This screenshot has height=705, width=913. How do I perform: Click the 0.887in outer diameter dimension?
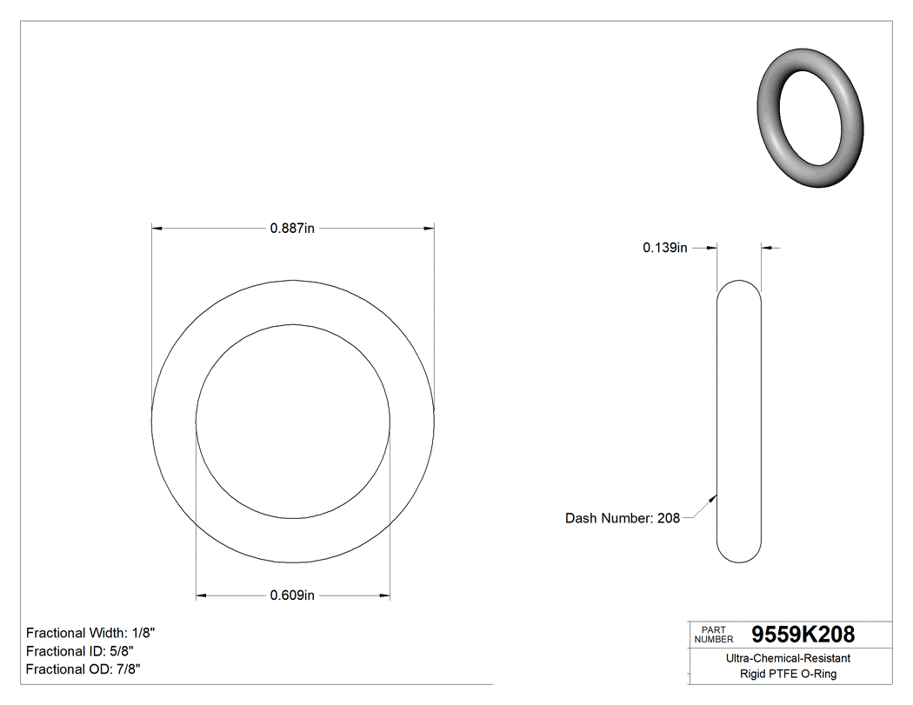[x=292, y=229]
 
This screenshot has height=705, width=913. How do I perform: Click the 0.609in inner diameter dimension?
[x=292, y=595]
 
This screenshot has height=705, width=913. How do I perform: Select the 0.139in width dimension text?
[x=665, y=248]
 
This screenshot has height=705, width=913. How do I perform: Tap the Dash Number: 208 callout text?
[x=622, y=518]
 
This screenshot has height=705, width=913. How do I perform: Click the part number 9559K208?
[x=803, y=634]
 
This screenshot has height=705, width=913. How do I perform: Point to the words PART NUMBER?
[x=713, y=634]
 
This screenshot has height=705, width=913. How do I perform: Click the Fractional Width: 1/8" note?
[x=90, y=633]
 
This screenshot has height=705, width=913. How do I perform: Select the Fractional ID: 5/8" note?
[x=79, y=651]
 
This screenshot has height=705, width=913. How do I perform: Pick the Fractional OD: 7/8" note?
[x=83, y=669]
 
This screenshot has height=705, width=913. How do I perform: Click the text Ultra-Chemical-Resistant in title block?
[x=788, y=658]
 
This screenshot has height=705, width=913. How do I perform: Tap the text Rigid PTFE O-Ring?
[x=788, y=674]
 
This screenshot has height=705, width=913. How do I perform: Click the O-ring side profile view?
[x=738, y=422]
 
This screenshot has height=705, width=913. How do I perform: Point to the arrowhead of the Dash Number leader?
[x=714, y=498]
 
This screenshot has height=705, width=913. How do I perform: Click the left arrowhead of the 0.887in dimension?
[x=157, y=229]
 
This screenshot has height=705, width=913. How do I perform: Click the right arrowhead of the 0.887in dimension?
[x=429, y=229]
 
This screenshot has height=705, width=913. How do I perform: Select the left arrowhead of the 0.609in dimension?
[x=201, y=595]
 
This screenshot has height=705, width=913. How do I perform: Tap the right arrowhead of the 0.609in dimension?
[x=384, y=595]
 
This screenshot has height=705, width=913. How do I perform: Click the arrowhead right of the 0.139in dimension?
[x=767, y=248]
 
